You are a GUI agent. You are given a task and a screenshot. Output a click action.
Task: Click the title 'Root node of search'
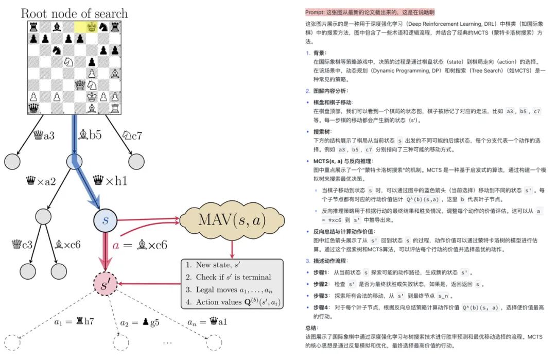74,13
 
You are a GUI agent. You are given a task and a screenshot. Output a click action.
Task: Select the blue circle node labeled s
105,220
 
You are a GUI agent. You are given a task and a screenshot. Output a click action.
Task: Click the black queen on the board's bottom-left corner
33,108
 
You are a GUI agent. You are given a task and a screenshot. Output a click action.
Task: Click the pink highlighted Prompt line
370,12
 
